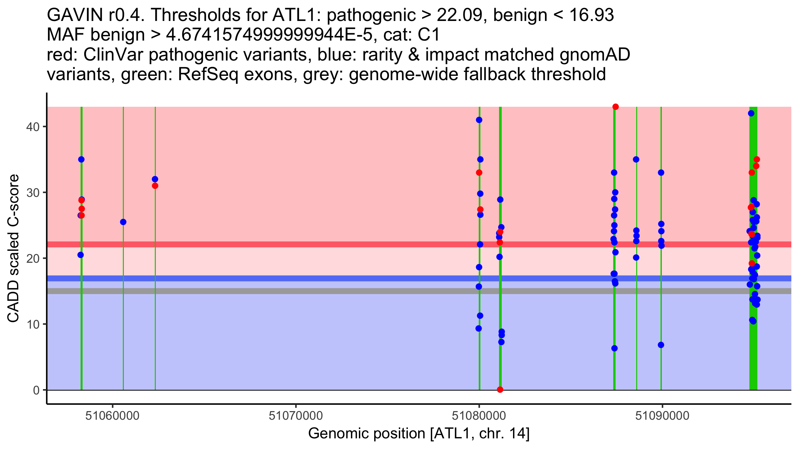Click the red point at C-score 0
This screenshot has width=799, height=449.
pyautogui.click(x=500, y=389)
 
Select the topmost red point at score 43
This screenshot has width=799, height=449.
pyautogui.click(x=616, y=107)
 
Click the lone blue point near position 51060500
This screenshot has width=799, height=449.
pyautogui.click(x=123, y=222)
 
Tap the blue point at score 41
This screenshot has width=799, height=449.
pyautogui.click(x=479, y=120)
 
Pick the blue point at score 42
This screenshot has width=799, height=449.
pyautogui.click(x=751, y=113)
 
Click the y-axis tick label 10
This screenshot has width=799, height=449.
pyautogui.click(x=33, y=324)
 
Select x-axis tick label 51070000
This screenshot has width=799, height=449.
pyautogui.click(x=296, y=416)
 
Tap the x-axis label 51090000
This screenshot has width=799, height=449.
pyautogui.click(x=662, y=416)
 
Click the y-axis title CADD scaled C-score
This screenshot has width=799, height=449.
pyautogui.click(x=13, y=248)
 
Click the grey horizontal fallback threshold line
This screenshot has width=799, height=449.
pyautogui.click(x=419, y=291)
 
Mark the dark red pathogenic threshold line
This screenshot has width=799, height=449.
pyautogui.click(x=419, y=244)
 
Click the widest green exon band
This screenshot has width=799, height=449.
pyautogui.click(x=753, y=248)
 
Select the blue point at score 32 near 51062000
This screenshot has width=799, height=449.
pyautogui.click(x=155, y=179)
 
